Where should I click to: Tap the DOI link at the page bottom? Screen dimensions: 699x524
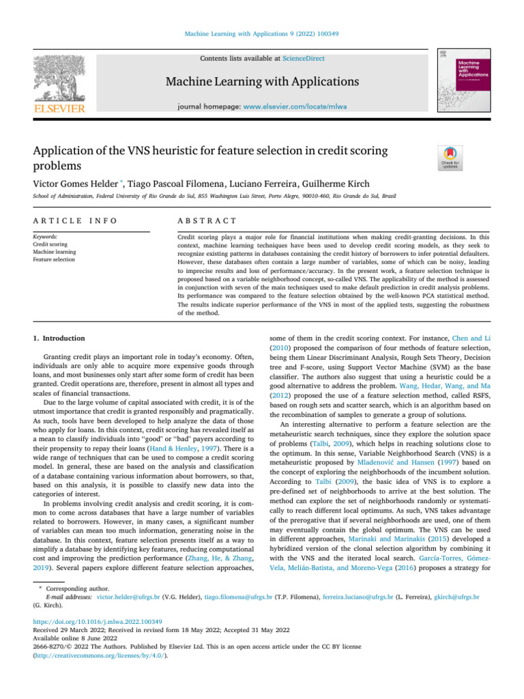98,623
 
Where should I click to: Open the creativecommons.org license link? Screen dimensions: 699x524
100,655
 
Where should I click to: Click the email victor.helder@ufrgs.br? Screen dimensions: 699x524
128,596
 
